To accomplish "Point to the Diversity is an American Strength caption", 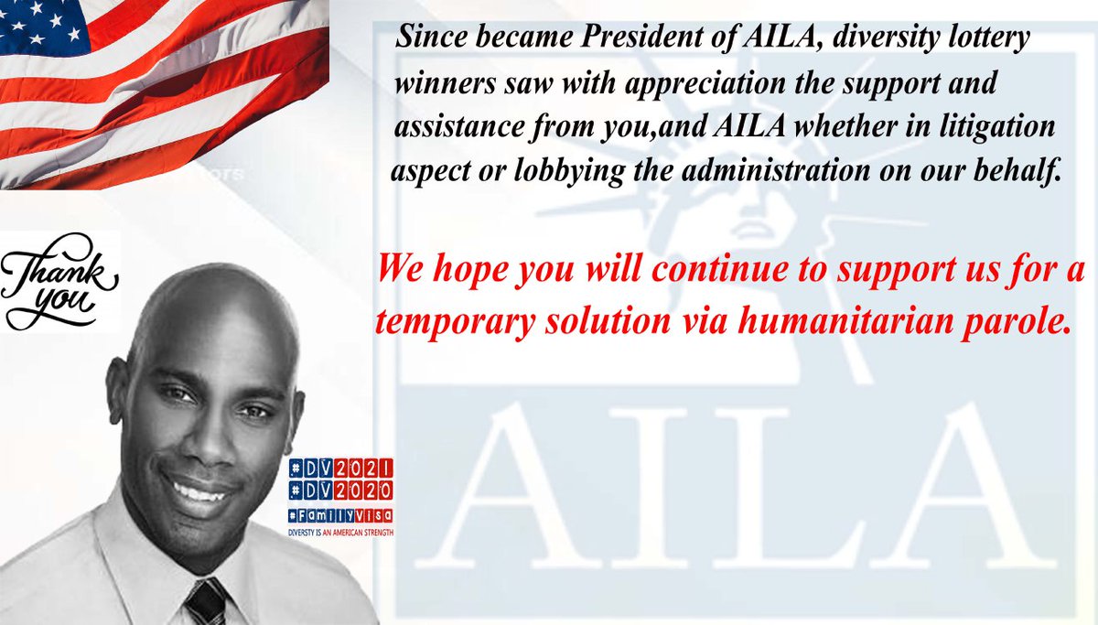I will click(x=339, y=533).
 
